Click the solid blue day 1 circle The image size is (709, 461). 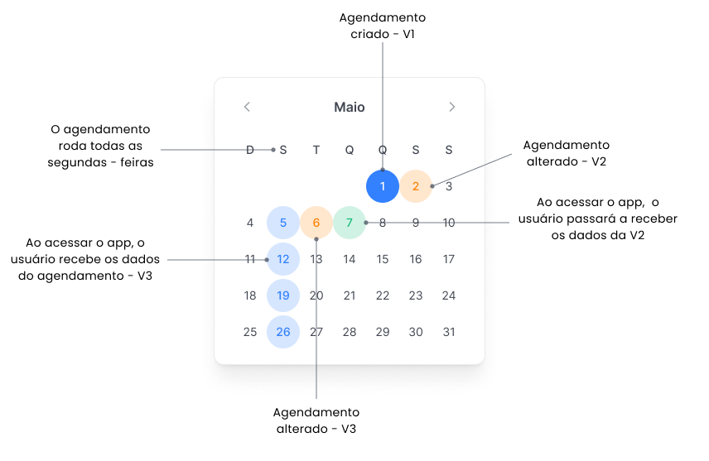[x=383, y=186]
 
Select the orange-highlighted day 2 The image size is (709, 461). [x=416, y=186]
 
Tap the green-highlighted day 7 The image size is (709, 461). [x=350, y=223]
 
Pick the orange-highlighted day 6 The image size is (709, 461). [x=316, y=223]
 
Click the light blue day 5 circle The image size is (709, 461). [x=283, y=223]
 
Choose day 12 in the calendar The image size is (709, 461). [x=283, y=259]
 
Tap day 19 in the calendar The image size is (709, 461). [x=283, y=295]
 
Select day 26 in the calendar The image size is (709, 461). [x=283, y=332]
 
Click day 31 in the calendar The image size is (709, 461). [x=449, y=332]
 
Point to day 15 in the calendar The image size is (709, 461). [x=383, y=259]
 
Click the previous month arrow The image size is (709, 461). [x=247, y=107]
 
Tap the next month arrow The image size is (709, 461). [x=451, y=107]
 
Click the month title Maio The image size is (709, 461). [x=350, y=107]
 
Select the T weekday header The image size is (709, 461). [x=316, y=150]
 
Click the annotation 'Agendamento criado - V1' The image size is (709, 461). [x=383, y=26]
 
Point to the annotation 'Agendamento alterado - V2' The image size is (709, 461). [x=567, y=153]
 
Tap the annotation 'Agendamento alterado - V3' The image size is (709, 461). [x=316, y=420]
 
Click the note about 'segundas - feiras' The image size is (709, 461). [x=101, y=146]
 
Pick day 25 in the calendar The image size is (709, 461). [x=250, y=332]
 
